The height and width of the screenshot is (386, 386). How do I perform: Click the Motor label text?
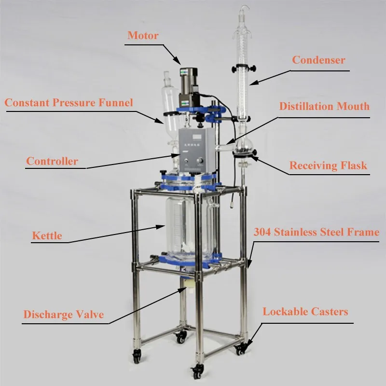tap(143, 35)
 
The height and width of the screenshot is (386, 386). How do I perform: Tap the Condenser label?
tap(318, 60)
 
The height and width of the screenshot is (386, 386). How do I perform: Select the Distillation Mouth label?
tap(324, 106)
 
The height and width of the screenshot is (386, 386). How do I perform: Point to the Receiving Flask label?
tap(328, 165)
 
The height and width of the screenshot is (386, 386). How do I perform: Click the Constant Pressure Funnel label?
tap(69, 103)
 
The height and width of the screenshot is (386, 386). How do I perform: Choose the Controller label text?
tap(52, 161)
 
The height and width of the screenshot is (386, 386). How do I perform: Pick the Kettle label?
tap(47, 235)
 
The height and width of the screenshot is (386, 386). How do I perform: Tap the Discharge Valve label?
tap(64, 315)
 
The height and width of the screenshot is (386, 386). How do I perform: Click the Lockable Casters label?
tap(305, 312)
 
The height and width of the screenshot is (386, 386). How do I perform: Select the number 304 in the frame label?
tap(262, 232)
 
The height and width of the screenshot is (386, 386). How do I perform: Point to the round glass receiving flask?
tap(244, 147)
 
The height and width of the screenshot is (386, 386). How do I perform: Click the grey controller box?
tap(197, 150)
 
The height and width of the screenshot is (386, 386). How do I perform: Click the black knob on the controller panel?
tap(199, 161)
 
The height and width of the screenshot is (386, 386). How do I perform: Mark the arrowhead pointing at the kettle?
tap(161, 226)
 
